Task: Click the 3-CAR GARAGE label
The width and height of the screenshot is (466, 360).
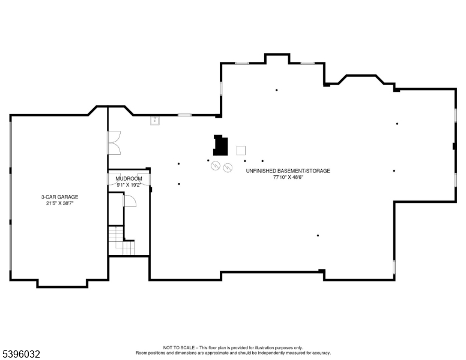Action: [59, 197]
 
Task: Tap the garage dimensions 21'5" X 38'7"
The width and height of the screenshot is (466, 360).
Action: [59, 203]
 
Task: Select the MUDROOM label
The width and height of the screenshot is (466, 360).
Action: [129, 179]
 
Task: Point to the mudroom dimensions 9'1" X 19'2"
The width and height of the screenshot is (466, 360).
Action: [129, 185]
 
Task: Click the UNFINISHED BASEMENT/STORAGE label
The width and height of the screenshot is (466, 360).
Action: [288, 171]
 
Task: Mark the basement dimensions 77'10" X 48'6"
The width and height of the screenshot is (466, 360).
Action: [288, 178]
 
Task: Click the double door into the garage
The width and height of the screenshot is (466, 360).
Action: [113, 145]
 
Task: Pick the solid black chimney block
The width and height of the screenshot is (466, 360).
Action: [220, 146]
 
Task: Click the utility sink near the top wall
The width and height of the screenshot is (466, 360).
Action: [155, 121]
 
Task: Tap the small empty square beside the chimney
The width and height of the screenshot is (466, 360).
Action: [241, 150]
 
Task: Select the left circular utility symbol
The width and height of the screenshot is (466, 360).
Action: [216, 165]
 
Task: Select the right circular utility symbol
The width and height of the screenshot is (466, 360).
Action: [228, 168]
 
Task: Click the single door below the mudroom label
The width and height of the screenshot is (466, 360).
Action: [129, 201]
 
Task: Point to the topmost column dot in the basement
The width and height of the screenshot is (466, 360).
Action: [276, 90]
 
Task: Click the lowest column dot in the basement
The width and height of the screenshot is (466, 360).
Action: [318, 235]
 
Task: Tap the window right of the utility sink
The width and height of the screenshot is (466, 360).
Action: [184, 115]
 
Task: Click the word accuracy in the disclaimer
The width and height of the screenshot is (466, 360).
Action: [319, 353]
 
